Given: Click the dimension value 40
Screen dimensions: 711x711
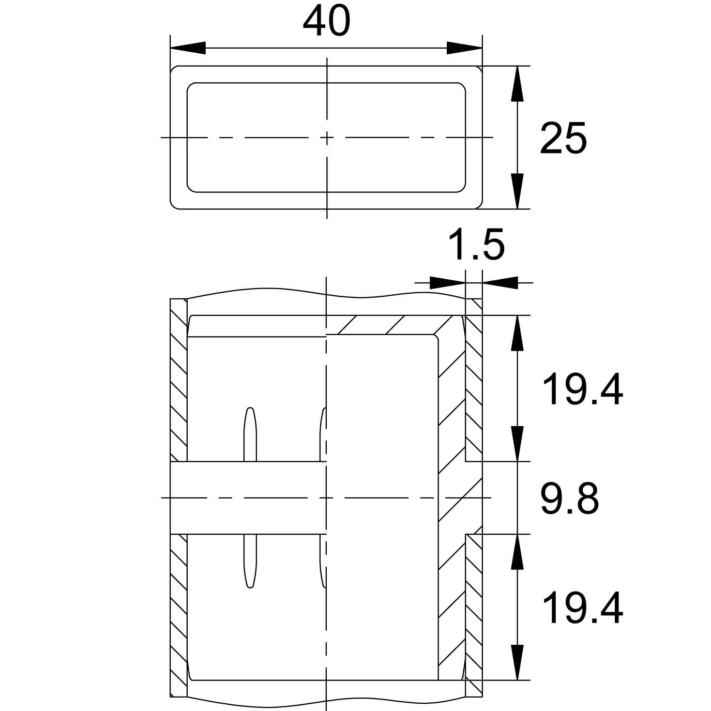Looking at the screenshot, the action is pos(326,22).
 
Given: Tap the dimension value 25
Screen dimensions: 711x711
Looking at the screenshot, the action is pos(563,139).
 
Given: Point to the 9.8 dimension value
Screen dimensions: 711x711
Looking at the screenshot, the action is pos(569,498).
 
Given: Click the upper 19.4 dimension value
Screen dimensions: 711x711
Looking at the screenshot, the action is pos(583,390).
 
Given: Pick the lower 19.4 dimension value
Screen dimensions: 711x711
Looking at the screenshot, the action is pos(583,608).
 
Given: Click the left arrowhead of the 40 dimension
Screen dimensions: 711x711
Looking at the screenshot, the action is pos(188,48).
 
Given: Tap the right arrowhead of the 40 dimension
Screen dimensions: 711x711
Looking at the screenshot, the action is pos(464,48).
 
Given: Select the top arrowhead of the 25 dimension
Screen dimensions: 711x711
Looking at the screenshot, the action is pos(517,84).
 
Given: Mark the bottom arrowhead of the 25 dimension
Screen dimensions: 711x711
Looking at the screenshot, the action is pos(517,191).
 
